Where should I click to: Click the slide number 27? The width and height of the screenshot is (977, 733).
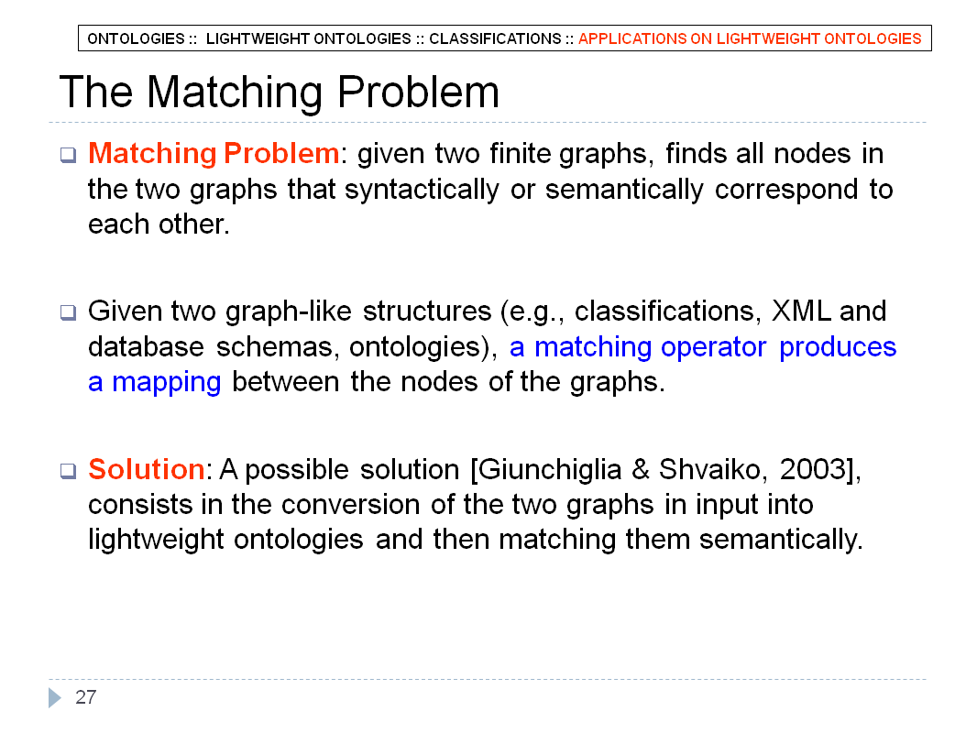click(x=86, y=697)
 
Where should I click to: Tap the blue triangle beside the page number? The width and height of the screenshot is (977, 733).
click(x=55, y=697)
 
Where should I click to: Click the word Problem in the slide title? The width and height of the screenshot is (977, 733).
click(x=418, y=93)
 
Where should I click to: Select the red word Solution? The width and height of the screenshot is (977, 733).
click(x=147, y=469)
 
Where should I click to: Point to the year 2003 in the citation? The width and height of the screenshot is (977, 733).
click(x=812, y=469)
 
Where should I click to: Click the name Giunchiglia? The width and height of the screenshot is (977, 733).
click(x=550, y=469)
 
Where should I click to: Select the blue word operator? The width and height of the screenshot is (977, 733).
click(x=713, y=347)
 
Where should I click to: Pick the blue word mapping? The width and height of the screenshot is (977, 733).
click(x=167, y=382)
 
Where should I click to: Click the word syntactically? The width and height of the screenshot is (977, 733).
click(x=422, y=190)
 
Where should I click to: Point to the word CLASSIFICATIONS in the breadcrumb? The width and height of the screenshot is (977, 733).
click(x=495, y=38)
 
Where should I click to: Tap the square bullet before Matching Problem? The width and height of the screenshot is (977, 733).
click(x=68, y=155)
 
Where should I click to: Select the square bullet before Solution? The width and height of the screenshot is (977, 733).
click(x=68, y=470)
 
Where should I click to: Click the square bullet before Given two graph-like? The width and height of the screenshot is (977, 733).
click(x=68, y=312)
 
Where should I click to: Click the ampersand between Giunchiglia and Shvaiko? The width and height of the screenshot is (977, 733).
click(x=640, y=469)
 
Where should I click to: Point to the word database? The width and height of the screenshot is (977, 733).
click(x=146, y=347)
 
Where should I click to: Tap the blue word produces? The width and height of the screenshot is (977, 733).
click(x=838, y=347)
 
